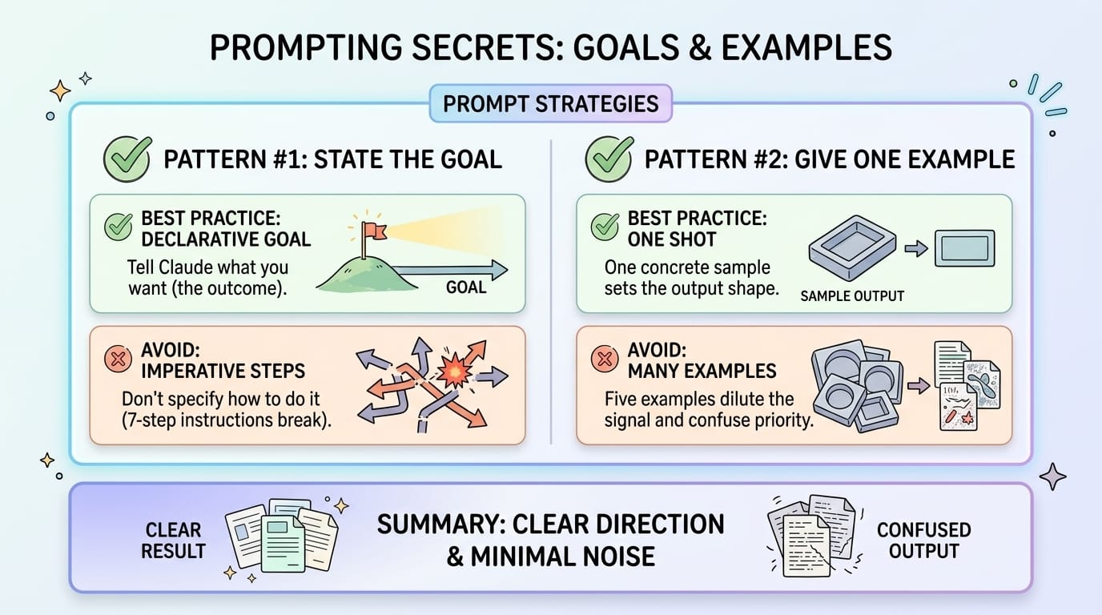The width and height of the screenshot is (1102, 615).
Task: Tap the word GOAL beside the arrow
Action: [465, 286]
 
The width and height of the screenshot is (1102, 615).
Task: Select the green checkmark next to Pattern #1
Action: [127, 158]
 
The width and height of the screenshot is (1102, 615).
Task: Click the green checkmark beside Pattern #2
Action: [609, 158]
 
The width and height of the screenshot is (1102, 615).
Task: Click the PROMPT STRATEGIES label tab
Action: [550, 103]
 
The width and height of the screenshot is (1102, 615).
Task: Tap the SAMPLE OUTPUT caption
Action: [852, 296]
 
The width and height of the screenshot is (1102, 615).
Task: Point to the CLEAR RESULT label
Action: [175, 541]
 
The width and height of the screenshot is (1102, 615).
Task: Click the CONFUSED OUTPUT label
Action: [923, 541]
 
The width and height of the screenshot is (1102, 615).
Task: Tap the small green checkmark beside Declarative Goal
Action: [119, 228]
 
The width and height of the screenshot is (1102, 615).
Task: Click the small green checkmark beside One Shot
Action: [605, 228]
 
